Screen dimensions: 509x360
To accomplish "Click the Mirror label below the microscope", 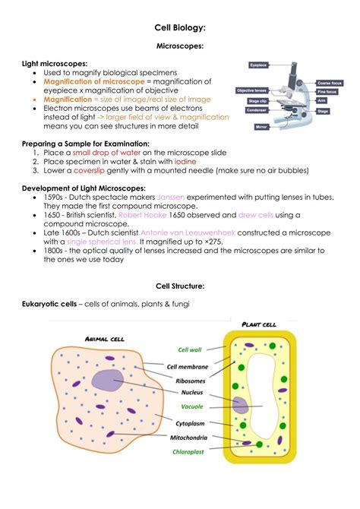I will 262,126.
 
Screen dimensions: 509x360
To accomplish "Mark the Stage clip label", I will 254,99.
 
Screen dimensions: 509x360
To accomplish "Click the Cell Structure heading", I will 179,286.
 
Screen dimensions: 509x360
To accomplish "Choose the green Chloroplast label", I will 191,451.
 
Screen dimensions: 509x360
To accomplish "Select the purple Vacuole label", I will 191,406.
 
